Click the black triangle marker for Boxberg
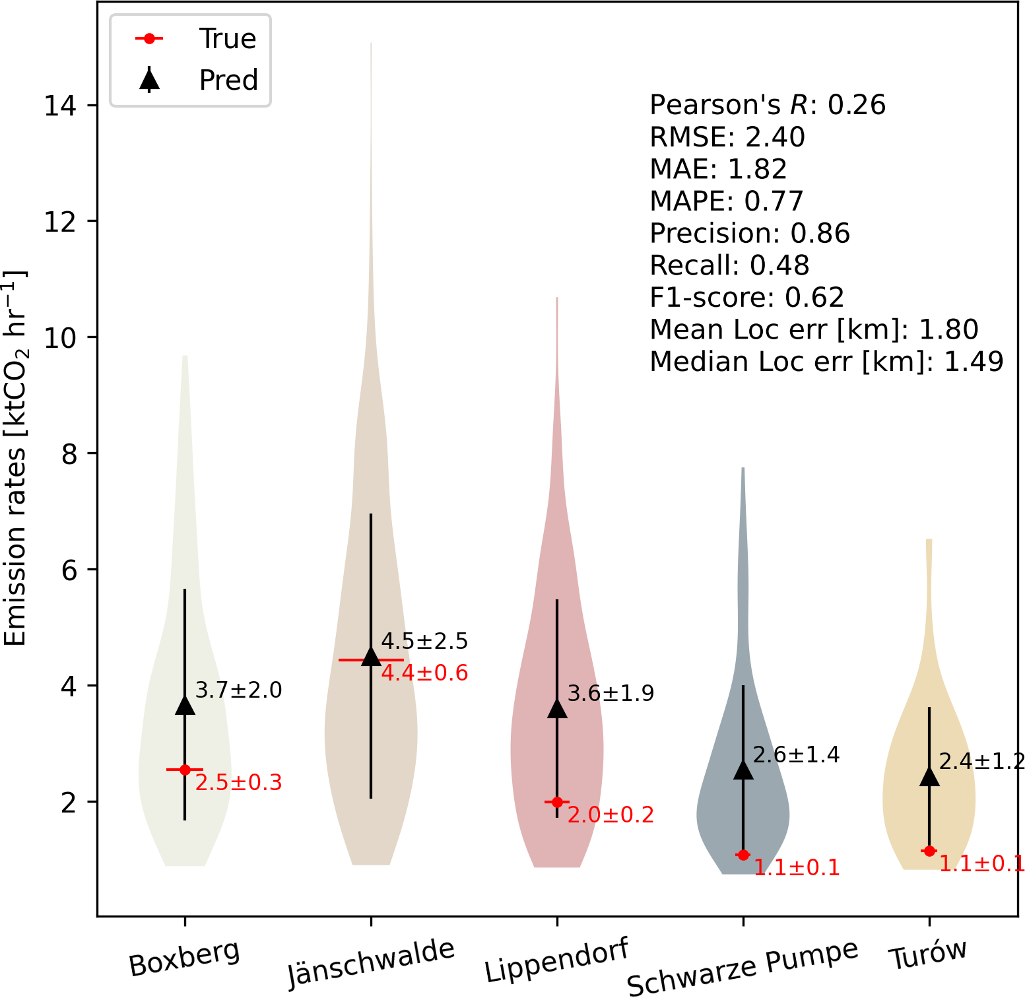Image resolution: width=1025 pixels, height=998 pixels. pos(185,705)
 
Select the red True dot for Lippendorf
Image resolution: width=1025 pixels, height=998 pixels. pos(557,802)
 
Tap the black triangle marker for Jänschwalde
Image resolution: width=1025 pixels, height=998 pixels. pos(371,656)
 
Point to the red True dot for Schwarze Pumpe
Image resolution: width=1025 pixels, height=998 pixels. pos(743,855)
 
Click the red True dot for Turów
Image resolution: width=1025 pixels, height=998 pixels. pos(929,851)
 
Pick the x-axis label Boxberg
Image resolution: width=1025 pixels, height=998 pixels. pos(185,958)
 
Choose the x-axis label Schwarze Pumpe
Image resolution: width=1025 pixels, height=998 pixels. pos(743,966)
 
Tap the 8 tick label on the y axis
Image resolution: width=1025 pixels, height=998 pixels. pos(69,454)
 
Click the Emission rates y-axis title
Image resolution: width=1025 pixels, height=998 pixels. pos(16,458)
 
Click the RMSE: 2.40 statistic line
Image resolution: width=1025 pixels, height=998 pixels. pos(727,137)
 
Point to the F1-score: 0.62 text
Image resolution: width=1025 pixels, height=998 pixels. pos(747,298)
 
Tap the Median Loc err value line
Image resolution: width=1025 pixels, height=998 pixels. pos(826,362)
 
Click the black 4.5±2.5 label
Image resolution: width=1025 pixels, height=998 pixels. pos(424,641)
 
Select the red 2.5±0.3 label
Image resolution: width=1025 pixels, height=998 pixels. pos(238,783)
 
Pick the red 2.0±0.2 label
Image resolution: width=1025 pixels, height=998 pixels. pos(611,815)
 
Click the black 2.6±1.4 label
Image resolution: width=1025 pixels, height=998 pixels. pos(796,754)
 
